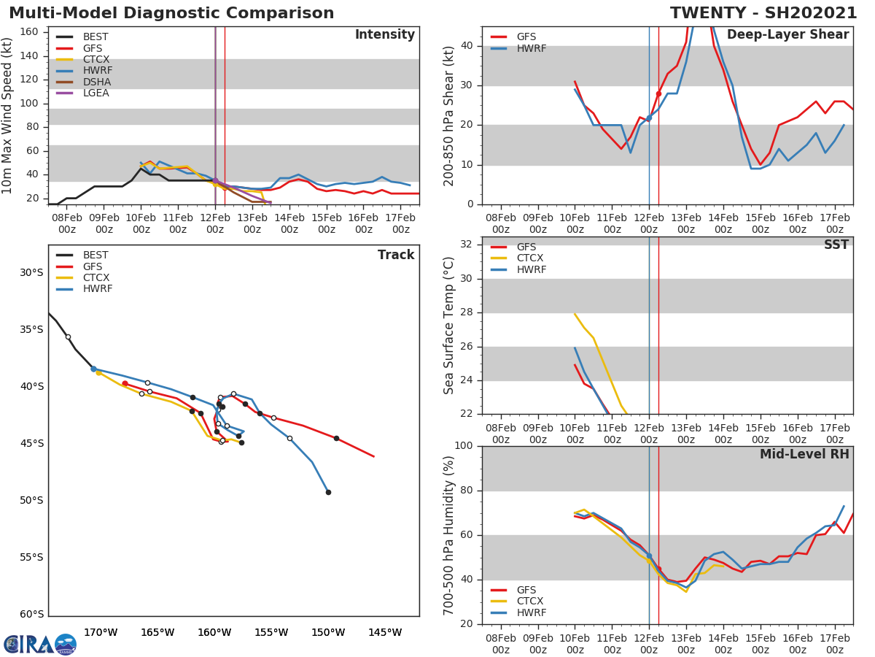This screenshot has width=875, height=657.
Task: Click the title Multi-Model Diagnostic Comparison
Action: tap(171, 13)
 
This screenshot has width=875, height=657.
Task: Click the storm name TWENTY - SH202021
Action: tap(763, 13)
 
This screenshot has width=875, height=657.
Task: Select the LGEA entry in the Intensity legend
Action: tap(96, 93)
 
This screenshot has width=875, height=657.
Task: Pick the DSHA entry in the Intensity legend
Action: tap(97, 82)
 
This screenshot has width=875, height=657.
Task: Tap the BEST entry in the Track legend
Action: tap(96, 255)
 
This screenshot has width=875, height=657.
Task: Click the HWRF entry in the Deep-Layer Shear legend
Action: tap(531, 48)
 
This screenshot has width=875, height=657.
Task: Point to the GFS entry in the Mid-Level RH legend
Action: tap(526, 590)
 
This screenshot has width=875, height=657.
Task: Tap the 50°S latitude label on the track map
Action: tap(31, 501)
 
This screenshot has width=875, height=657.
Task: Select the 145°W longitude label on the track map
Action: tap(384, 632)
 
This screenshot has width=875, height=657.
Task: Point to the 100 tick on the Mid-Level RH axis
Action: tap(463, 446)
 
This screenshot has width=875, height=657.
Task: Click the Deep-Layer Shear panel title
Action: tap(787, 35)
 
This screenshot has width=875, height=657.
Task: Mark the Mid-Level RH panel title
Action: tap(804, 455)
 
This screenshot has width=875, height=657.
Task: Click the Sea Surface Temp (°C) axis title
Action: tap(449, 326)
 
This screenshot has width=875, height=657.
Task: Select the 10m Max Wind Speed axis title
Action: tap(8, 115)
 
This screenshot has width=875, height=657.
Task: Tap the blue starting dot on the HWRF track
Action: tap(93, 369)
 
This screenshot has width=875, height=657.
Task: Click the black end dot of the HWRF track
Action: tap(328, 492)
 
